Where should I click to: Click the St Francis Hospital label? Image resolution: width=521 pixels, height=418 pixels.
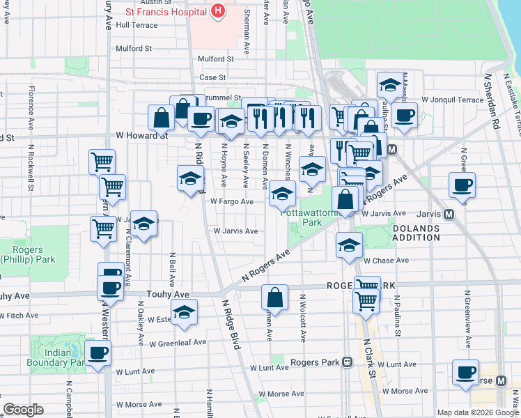tap(164, 12)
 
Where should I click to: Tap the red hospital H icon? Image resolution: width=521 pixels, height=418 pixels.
tap(218, 11)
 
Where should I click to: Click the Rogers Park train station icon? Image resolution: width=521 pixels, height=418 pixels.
tap(346, 362)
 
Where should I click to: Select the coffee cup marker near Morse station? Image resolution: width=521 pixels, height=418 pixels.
tap(465, 373)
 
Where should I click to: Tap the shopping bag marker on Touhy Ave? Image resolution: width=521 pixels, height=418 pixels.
tap(275, 297)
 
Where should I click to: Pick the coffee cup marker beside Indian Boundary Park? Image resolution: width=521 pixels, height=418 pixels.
tap(98, 353)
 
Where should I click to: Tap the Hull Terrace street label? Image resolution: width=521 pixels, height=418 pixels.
tap(137, 24)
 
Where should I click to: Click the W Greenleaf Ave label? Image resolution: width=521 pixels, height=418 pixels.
tap(178, 342)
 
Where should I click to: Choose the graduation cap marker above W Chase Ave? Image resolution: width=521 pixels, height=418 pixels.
tap(349, 245)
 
